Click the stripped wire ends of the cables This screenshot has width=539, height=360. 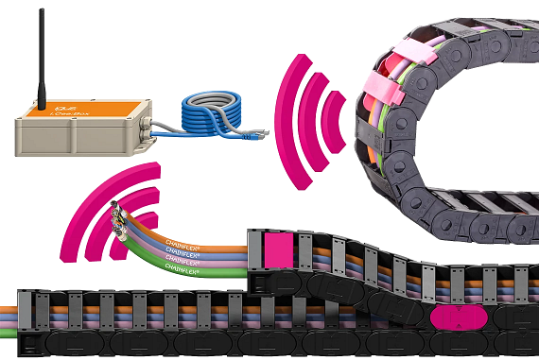(x=117, y=218)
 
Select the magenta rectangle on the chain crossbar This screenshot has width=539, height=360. (x=275, y=250)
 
